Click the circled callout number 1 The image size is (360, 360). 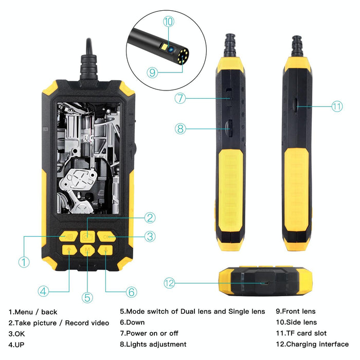click(24, 262)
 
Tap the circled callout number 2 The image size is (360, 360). click(150, 218)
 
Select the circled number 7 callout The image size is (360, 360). click(179, 98)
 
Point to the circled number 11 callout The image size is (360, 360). click(337, 106)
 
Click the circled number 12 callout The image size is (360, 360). click(170, 283)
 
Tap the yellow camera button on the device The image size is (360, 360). click(87, 237)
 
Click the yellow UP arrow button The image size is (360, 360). click(69, 250)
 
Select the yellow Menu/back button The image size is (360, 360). click(68, 237)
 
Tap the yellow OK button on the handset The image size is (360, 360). click(106, 237)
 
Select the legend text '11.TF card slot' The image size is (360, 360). click(301, 333)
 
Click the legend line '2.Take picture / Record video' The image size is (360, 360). click(59, 322)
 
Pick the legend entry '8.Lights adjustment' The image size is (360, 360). click(153, 344)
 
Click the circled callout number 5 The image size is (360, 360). click(87, 297)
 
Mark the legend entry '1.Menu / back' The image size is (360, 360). click(33, 312)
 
